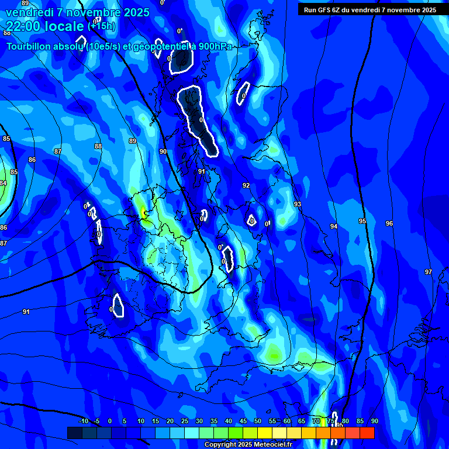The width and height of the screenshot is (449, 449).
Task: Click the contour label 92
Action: point(246,185)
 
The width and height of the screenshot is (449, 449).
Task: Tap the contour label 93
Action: point(298,204)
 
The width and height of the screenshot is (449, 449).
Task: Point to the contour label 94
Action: point(334,226)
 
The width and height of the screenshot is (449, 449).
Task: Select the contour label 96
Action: point(389,224)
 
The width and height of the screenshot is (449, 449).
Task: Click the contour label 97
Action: point(428,272)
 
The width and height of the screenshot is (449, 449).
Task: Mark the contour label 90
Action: point(163,151)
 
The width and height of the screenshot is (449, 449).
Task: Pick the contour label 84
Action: point(3,183)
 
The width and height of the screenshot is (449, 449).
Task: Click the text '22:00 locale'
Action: point(45,26)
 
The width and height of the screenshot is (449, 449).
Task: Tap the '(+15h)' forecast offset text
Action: point(102,26)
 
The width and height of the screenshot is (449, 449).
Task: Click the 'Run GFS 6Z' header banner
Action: point(370,10)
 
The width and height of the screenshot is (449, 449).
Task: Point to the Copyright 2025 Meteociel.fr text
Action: point(248,445)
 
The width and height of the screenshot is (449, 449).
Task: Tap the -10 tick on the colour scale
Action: point(82,421)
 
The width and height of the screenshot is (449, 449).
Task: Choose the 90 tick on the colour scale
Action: point(374,421)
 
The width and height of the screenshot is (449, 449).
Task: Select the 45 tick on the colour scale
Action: point(243,421)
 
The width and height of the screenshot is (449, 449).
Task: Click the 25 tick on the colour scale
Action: point(185,421)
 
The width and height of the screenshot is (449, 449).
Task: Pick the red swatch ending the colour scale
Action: point(367,433)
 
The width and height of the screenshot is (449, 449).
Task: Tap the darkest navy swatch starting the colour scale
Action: point(74,433)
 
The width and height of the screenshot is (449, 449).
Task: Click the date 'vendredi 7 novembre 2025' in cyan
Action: point(78,12)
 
